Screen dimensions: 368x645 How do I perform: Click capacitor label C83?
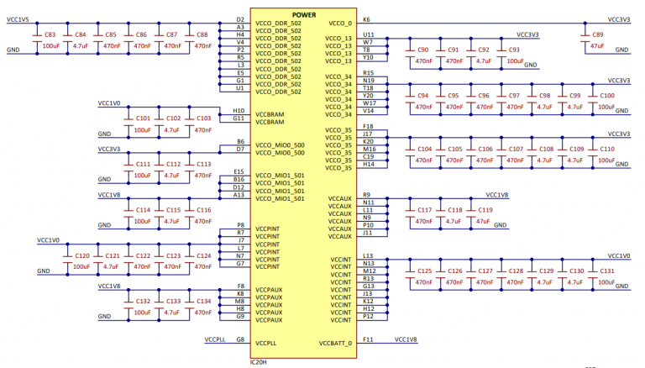(50, 34)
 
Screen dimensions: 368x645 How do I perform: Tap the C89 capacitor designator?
(597, 35)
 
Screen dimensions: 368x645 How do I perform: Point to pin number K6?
(366, 18)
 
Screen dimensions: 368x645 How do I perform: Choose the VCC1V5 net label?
(18, 19)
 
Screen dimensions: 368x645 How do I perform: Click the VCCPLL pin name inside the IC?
(266, 344)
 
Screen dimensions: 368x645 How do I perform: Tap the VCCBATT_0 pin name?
(335, 344)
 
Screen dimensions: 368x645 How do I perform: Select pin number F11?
(368, 339)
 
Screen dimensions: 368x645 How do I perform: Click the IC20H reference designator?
(259, 362)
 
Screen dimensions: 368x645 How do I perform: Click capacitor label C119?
(485, 210)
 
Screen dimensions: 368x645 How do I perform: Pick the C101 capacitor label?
(143, 118)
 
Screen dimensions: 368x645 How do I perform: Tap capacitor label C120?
(82, 255)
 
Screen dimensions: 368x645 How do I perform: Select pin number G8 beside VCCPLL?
(240, 339)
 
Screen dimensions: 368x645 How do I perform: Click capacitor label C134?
(203, 301)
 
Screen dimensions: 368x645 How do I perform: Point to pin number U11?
(369, 35)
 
